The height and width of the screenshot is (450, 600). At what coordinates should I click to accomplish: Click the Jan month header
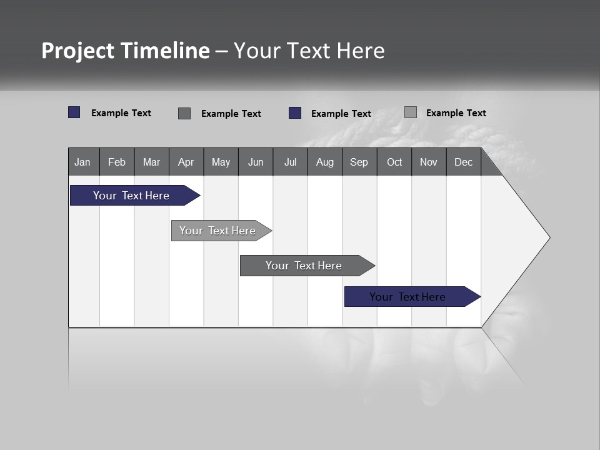tap(83, 162)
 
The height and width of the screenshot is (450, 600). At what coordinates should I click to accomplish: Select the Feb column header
tap(117, 162)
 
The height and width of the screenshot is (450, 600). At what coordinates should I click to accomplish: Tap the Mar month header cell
tap(151, 162)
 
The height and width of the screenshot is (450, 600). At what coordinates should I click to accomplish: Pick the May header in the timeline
tap(221, 162)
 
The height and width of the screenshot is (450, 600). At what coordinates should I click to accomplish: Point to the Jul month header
tap(290, 162)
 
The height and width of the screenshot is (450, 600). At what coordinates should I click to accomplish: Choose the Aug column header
tap(325, 162)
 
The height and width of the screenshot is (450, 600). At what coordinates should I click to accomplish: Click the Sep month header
tap(359, 162)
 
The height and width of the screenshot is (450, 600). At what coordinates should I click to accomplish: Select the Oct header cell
tap(394, 162)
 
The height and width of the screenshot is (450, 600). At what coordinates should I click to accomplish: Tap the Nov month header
tap(429, 162)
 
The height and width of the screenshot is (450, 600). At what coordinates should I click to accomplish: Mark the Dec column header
tap(464, 162)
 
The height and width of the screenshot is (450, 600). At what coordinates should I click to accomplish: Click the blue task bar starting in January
tap(131, 196)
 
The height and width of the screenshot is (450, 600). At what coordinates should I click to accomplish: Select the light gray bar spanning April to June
tap(217, 231)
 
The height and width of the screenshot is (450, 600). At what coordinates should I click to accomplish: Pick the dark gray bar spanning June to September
tap(304, 266)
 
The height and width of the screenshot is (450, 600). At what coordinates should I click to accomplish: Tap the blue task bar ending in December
tap(407, 297)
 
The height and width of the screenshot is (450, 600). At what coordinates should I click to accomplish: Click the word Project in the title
tap(78, 51)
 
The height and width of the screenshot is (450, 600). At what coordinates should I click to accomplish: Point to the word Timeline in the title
tap(165, 51)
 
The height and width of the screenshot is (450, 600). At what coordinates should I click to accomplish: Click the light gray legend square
tap(411, 112)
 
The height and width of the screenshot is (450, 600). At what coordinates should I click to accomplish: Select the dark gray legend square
tap(184, 113)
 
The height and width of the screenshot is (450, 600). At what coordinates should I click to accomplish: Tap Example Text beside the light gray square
tap(456, 112)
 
